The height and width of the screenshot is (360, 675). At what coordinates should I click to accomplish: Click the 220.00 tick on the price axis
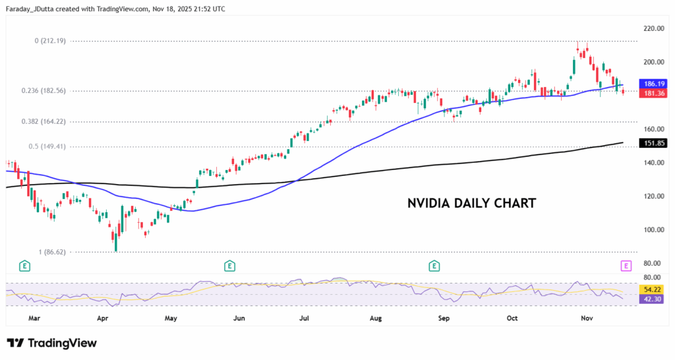pyautogui.click(x=653, y=29)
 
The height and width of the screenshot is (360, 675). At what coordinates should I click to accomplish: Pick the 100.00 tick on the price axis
pyautogui.click(x=653, y=230)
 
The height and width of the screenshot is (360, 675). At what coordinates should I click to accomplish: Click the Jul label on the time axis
pyautogui.click(x=305, y=318)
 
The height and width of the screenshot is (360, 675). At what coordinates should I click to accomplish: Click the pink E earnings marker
pyautogui.click(x=626, y=266)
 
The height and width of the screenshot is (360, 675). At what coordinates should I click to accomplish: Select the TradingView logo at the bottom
pyautogui.click(x=52, y=343)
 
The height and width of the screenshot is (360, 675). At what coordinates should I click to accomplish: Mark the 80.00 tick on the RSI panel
pyautogui.click(x=653, y=278)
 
